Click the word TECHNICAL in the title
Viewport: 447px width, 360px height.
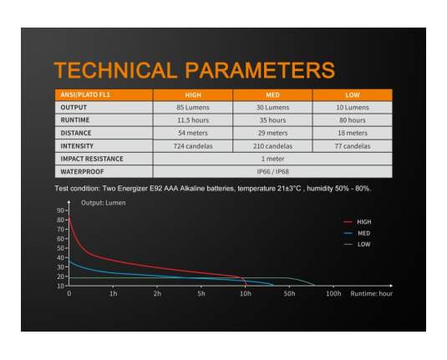coord(116,70)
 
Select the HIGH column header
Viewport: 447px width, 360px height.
coord(193,95)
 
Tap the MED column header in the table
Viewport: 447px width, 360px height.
coord(273,95)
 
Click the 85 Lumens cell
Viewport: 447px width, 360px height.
coord(193,108)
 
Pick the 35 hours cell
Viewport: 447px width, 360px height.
coord(273,120)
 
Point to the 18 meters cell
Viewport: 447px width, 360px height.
coord(353,133)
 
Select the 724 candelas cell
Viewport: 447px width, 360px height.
coord(193,146)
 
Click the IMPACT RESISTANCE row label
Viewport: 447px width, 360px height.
coord(92,159)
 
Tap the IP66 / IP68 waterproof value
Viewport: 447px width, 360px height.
coord(273,171)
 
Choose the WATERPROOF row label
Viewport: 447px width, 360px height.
coord(82,171)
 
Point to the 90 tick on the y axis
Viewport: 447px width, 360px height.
coord(61,210)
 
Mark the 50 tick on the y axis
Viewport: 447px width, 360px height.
coord(61,248)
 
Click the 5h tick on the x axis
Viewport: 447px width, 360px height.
coord(201,293)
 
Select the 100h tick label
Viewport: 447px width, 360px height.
coord(333,293)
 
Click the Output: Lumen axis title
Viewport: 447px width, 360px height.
coord(104,203)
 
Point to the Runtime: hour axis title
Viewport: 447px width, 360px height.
coord(372,293)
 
